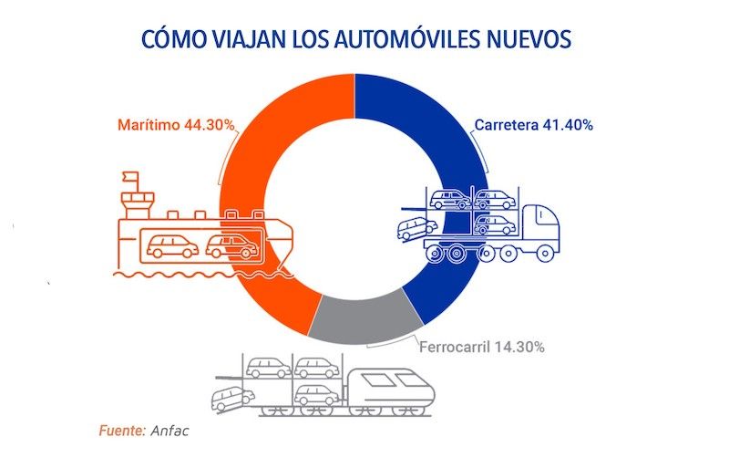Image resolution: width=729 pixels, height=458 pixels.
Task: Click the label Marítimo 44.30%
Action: point(175,125)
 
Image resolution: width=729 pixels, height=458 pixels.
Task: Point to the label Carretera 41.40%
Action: point(533,125)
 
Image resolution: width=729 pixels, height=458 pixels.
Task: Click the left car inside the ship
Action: point(171,245)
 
